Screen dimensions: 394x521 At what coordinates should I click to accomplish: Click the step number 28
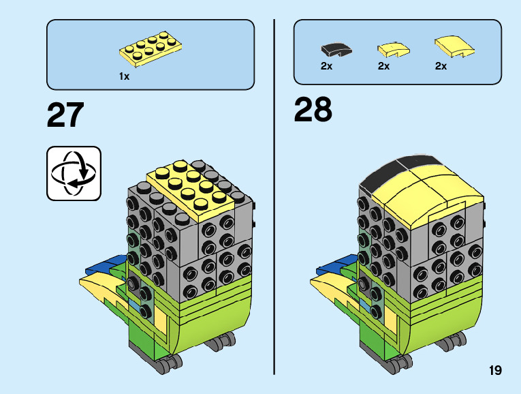tap(313, 110)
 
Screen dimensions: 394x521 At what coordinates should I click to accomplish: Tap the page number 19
tap(494, 370)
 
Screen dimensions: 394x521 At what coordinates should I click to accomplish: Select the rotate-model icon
tap(74, 173)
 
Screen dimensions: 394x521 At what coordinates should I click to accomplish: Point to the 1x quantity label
tap(124, 77)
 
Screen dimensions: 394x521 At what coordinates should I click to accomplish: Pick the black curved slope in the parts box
tap(335, 48)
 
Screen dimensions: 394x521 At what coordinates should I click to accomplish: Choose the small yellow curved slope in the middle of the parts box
tap(392, 48)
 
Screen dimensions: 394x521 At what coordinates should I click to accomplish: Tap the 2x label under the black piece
tap(326, 66)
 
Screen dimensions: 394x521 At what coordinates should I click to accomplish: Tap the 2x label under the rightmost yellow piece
tap(441, 66)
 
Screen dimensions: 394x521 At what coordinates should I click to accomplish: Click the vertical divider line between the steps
tap(274, 198)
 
